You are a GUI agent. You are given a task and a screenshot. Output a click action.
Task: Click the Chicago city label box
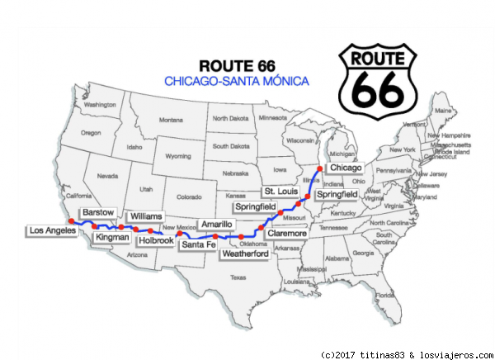tap(345, 168)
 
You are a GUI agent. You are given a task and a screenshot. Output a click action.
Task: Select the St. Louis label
tap(280, 191)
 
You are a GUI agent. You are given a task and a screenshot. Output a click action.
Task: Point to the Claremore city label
tap(286, 233)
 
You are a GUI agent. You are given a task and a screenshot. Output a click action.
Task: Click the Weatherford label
tap(245, 253)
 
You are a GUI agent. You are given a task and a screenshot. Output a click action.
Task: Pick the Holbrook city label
tap(157, 240)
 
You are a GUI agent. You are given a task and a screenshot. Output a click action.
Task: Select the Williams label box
tap(147, 216)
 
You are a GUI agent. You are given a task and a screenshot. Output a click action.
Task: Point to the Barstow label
tap(98, 212)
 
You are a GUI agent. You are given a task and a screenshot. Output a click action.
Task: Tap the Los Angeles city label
tap(52, 230)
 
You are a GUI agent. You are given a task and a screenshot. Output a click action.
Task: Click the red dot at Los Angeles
tap(72, 221)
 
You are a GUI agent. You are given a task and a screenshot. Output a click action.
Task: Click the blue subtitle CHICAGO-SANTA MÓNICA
tap(237, 81)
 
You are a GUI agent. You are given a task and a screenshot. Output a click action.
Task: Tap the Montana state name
tap(171, 119)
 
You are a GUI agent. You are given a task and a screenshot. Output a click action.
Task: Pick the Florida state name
tap(383, 294)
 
